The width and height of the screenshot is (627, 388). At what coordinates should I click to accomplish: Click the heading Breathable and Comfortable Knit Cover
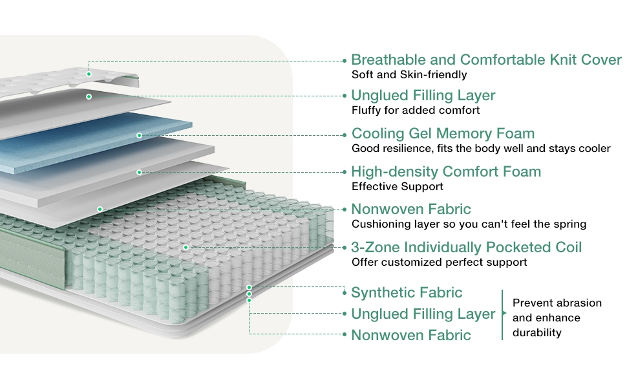coord(486,60)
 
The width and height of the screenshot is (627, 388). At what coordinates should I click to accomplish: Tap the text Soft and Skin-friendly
coord(409,75)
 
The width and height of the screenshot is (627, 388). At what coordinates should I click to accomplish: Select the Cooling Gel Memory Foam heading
coord(443,134)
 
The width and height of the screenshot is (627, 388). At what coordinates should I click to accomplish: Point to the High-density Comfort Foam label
coord(446,172)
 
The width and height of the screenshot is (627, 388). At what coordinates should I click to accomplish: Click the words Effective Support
coord(398,187)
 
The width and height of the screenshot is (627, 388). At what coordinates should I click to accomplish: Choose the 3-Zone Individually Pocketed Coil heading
coord(466,247)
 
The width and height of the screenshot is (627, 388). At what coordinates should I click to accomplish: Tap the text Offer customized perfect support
coord(440,262)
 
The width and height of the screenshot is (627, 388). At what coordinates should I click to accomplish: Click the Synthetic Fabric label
coord(407,292)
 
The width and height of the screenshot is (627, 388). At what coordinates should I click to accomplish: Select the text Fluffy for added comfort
coord(416,110)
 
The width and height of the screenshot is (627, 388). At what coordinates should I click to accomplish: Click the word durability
coord(537,332)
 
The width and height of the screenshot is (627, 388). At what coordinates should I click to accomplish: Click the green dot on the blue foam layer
coord(139,135)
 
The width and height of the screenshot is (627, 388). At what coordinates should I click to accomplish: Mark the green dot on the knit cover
coord(89,74)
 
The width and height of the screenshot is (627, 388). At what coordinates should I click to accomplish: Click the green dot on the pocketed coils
coord(186,247)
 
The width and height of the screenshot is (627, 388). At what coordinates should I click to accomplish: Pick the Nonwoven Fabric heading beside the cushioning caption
coord(411,210)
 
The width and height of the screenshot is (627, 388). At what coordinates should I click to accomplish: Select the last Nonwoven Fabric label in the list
coord(411,335)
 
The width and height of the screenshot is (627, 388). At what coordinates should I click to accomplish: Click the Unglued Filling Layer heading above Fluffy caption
coord(423,96)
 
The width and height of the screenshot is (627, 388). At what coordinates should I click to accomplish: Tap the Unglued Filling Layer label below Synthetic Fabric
coord(423,314)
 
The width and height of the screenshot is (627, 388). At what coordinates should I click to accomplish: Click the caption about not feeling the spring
coord(469,224)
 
